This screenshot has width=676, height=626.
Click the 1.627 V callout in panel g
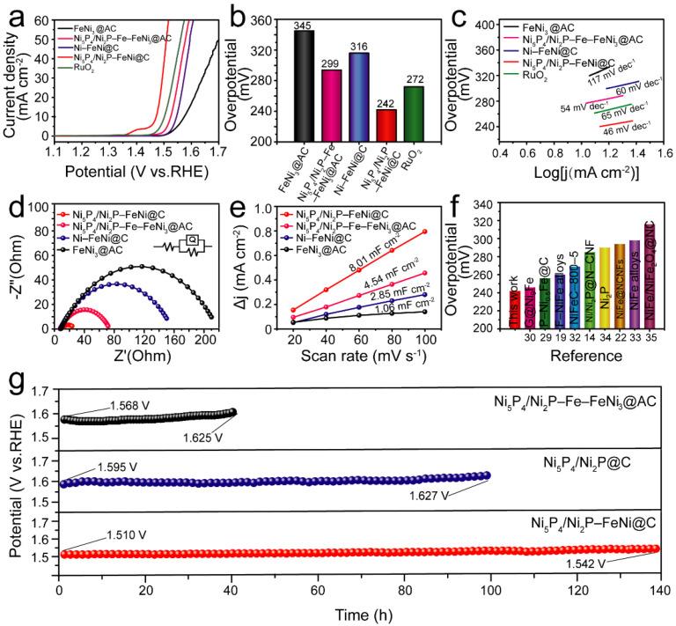(430, 496)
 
